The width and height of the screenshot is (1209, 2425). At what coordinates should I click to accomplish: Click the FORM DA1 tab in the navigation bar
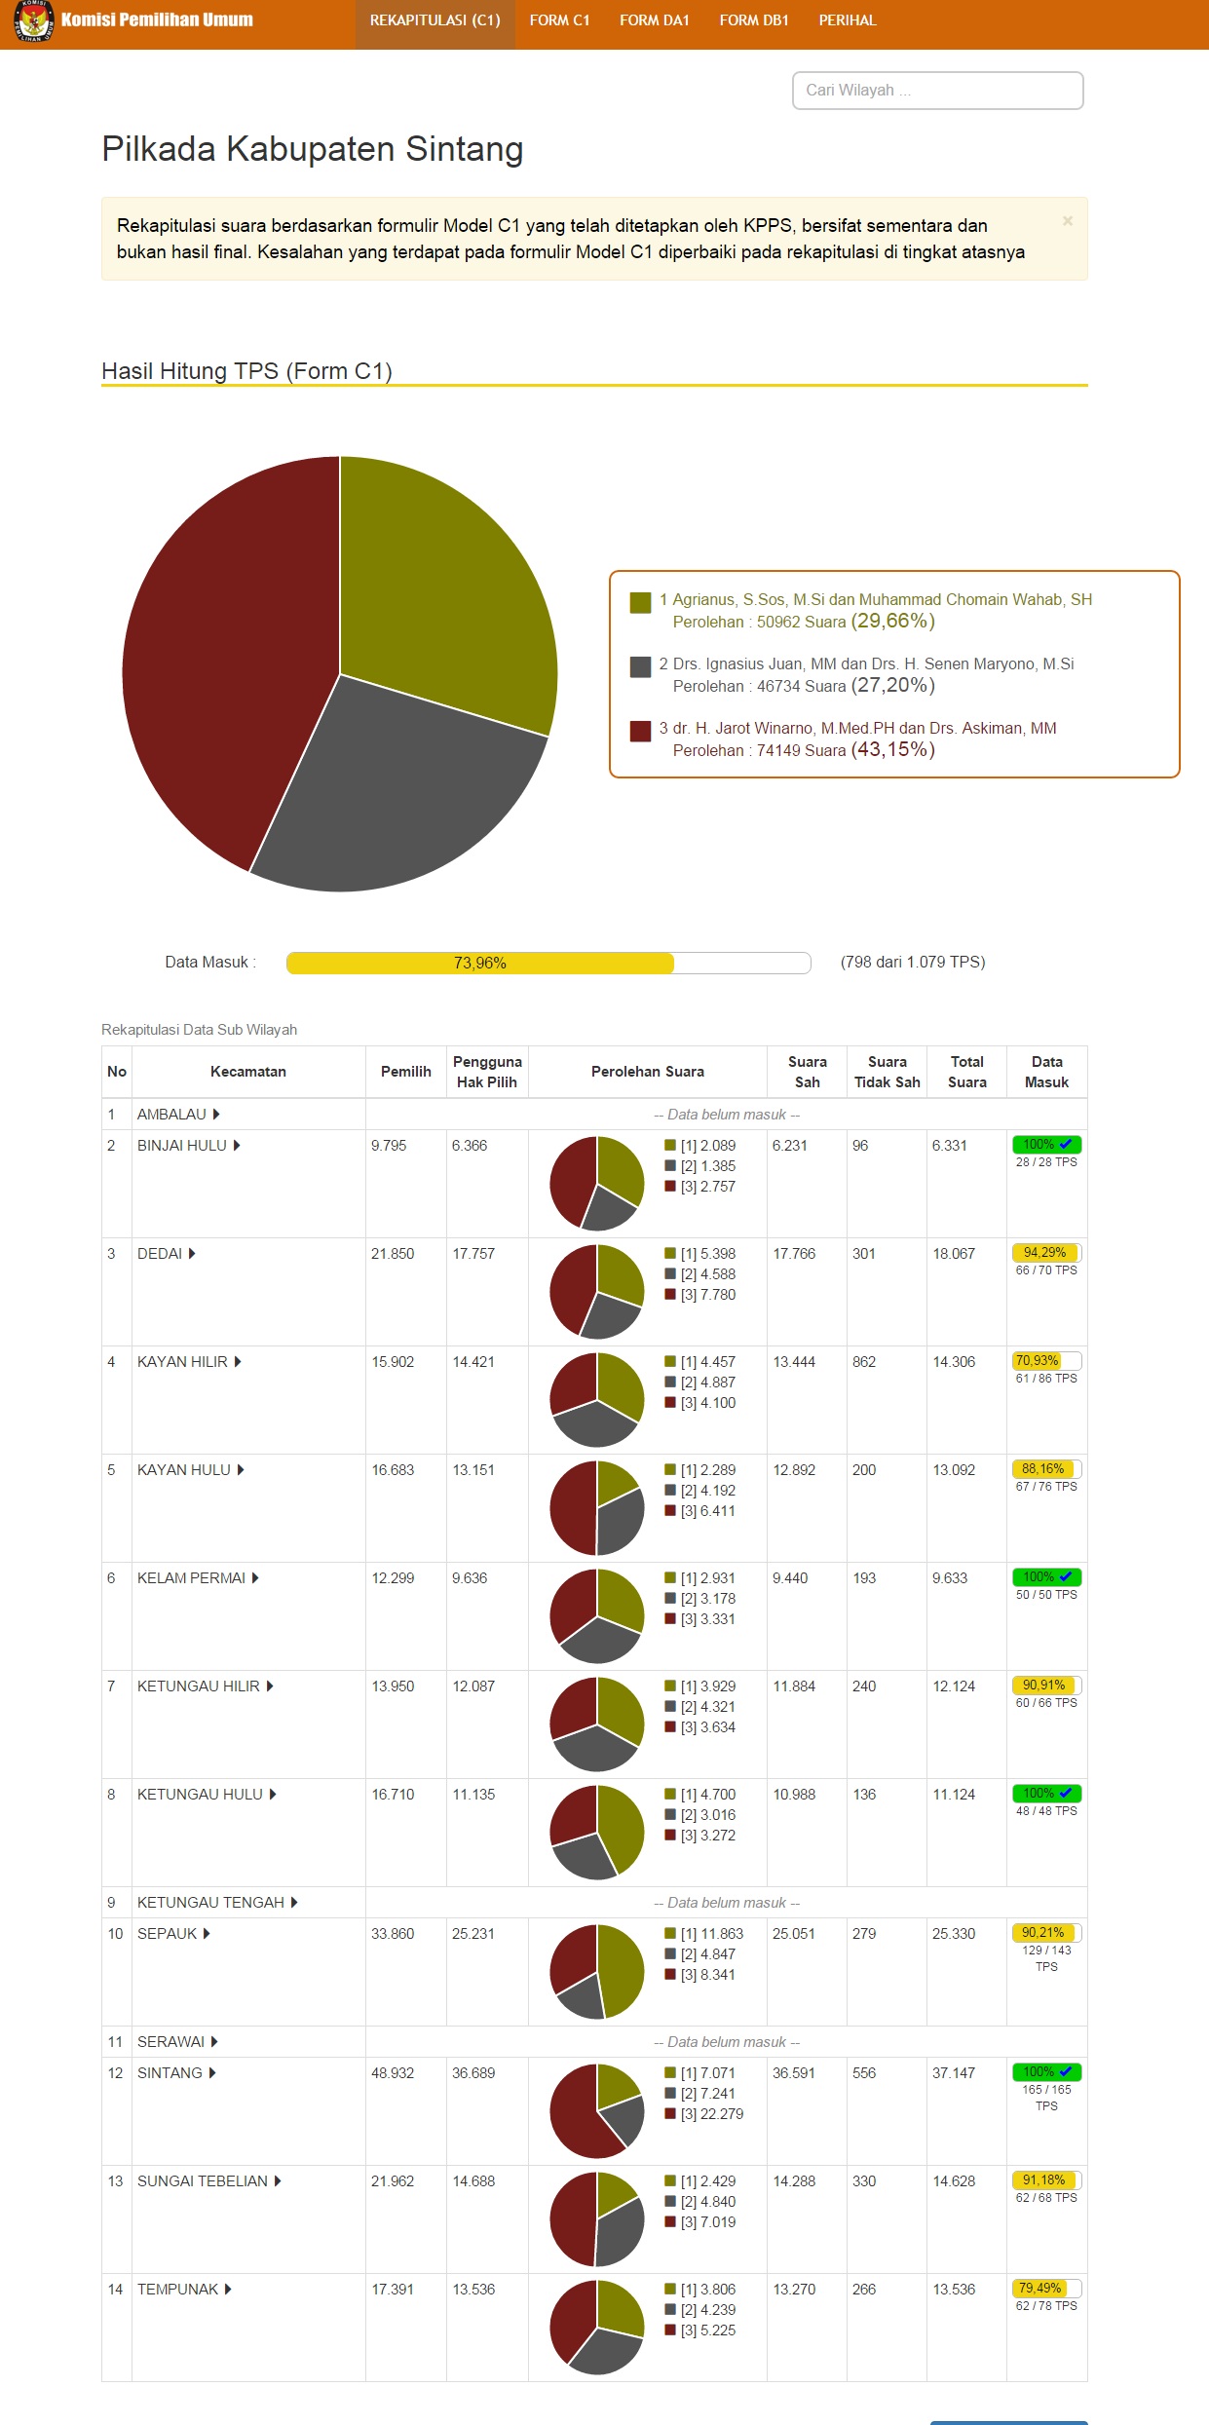(654, 20)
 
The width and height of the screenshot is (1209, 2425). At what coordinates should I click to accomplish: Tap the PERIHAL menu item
(847, 20)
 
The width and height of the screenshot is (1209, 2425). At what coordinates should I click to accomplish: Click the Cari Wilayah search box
(937, 91)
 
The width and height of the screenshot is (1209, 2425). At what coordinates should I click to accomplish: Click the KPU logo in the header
(33, 20)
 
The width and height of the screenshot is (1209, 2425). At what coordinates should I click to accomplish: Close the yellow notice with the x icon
(1068, 221)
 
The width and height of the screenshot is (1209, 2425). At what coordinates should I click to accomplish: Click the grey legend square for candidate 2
(640, 667)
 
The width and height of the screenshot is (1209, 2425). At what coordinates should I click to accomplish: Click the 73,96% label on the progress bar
(480, 964)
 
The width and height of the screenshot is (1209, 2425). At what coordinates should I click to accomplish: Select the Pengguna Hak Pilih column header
(487, 1072)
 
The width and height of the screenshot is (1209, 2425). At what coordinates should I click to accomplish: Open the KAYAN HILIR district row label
(183, 1362)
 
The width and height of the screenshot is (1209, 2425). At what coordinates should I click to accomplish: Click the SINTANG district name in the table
(170, 2073)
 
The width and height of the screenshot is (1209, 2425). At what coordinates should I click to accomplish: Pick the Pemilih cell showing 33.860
(393, 1934)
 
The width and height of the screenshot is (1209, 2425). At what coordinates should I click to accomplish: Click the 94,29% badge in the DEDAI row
(1044, 1253)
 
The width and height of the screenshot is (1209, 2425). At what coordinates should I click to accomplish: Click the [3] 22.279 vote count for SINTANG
(712, 2114)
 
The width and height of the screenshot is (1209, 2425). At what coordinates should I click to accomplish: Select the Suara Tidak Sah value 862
(864, 1362)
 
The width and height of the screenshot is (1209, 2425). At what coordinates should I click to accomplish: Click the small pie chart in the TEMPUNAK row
(597, 2328)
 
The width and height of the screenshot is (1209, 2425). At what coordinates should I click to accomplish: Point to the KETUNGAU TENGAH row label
(211, 1903)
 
